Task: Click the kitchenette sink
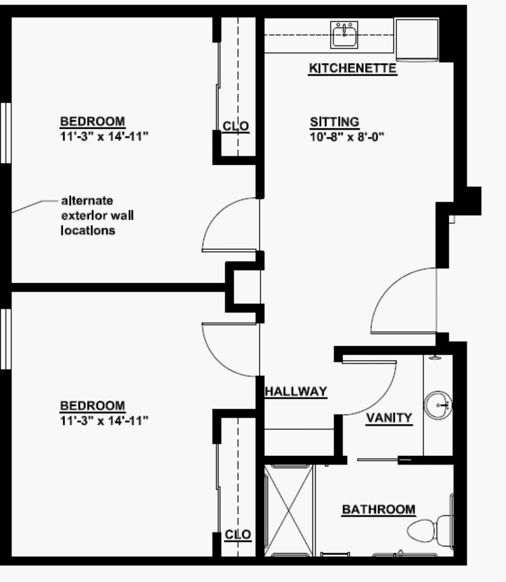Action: pyautogui.click(x=345, y=35)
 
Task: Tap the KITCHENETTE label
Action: pyautogui.click(x=352, y=69)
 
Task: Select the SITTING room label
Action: pyautogui.click(x=334, y=122)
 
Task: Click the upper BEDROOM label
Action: pyautogui.click(x=93, y=121)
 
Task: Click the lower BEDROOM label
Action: pyautogui.click(x=93, y=406)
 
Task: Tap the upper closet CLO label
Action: pyautogui.click(x=236, y=126)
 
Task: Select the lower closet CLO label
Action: pyautogui.click(x=238, y=535)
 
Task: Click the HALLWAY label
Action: pyautogui.click(x=296, y=391)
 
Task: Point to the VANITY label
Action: pyautogui.click(x=389, y=418)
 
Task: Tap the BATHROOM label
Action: pyautogui.click(x=378, y=509)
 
